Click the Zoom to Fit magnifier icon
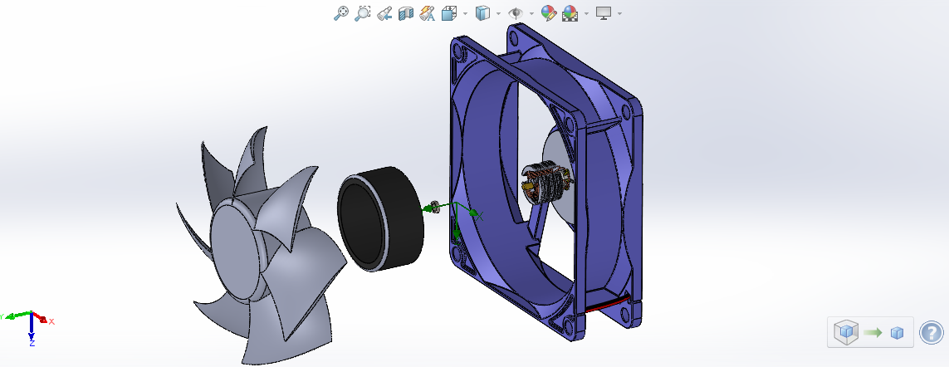tap(340, 12)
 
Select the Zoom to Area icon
tap(362, 12)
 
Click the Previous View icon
tap(384, 12)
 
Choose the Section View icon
tap(406, 12)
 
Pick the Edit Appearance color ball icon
tap(548, 12)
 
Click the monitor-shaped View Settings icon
tap(604, 12)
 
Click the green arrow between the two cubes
tap(872, 332)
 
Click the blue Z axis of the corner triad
tap(31, 327)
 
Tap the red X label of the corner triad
tap(51, 321)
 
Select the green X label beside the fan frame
tap(480, 215)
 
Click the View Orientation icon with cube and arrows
tap(450, 12)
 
